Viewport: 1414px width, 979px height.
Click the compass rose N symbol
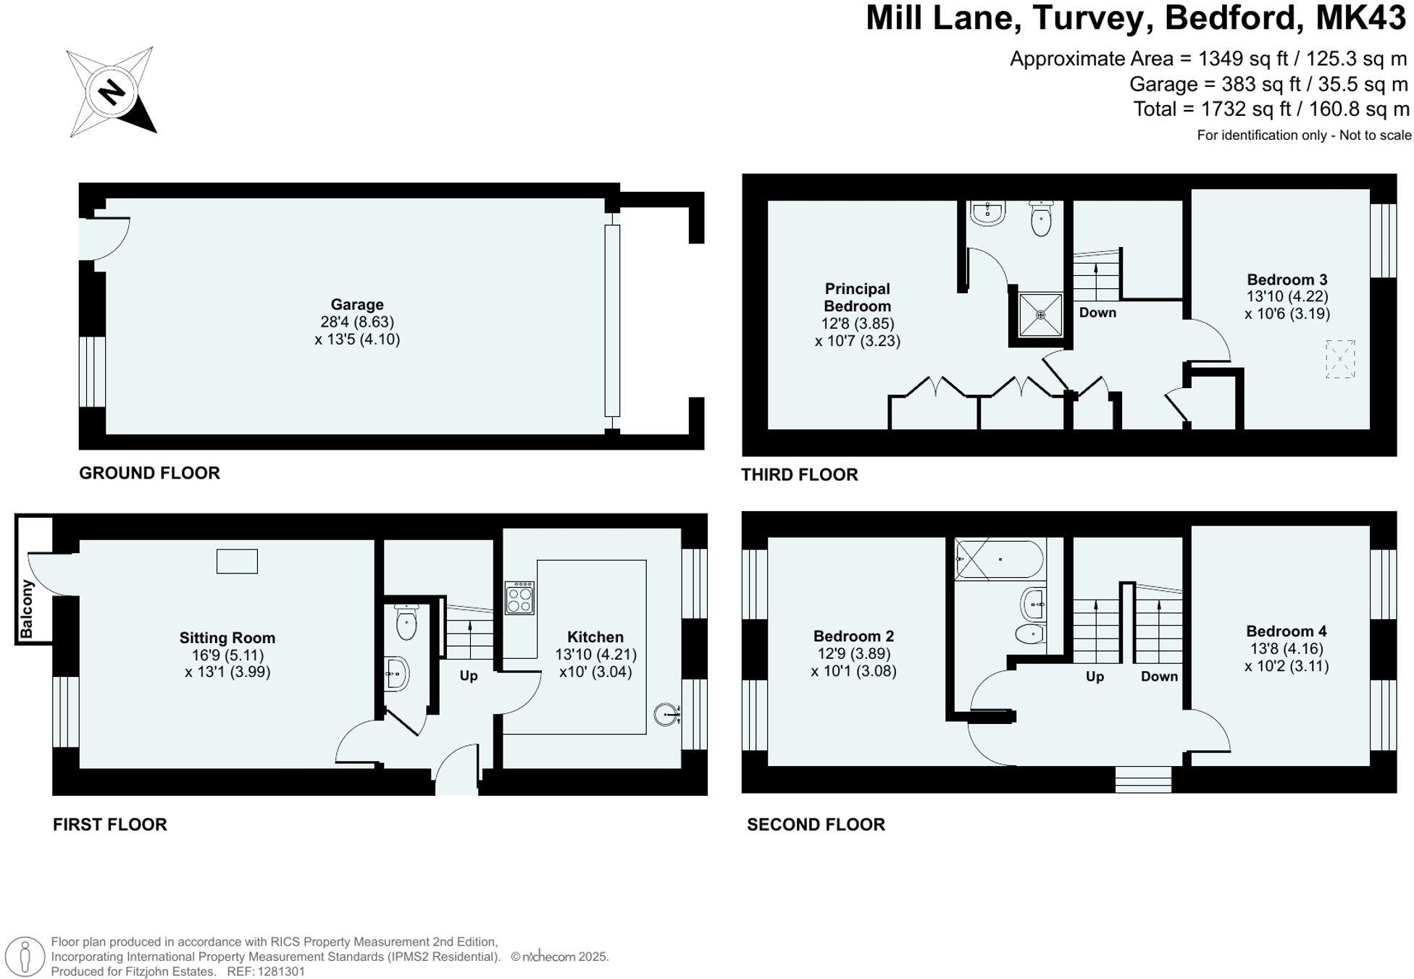coord(112,92)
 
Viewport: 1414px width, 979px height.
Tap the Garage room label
coord(357,305)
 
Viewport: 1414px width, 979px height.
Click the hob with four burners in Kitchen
coord(519,598)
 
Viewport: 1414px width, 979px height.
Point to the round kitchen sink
coord(665,715)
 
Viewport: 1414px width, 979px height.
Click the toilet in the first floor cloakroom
coord(406,623)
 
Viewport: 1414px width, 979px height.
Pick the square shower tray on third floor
coord(1040,314)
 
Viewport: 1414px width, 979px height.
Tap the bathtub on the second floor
coord(1000,560)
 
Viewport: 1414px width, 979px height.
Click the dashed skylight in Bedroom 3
coord(1340,358)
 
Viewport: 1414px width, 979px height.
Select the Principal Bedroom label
coord(857,297)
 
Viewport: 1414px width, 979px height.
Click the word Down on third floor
coord(1097,313)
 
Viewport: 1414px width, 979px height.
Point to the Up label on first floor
coord(469,676)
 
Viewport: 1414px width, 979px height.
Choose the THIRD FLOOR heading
coord(799,475)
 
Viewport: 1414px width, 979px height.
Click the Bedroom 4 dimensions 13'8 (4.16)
coord(1287,649)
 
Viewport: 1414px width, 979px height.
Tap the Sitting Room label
coord(227,638)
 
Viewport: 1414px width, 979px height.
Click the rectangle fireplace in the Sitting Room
coord(237,561)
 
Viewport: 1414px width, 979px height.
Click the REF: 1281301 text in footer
coord(266,972)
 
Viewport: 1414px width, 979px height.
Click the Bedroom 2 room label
coord(853,636)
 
